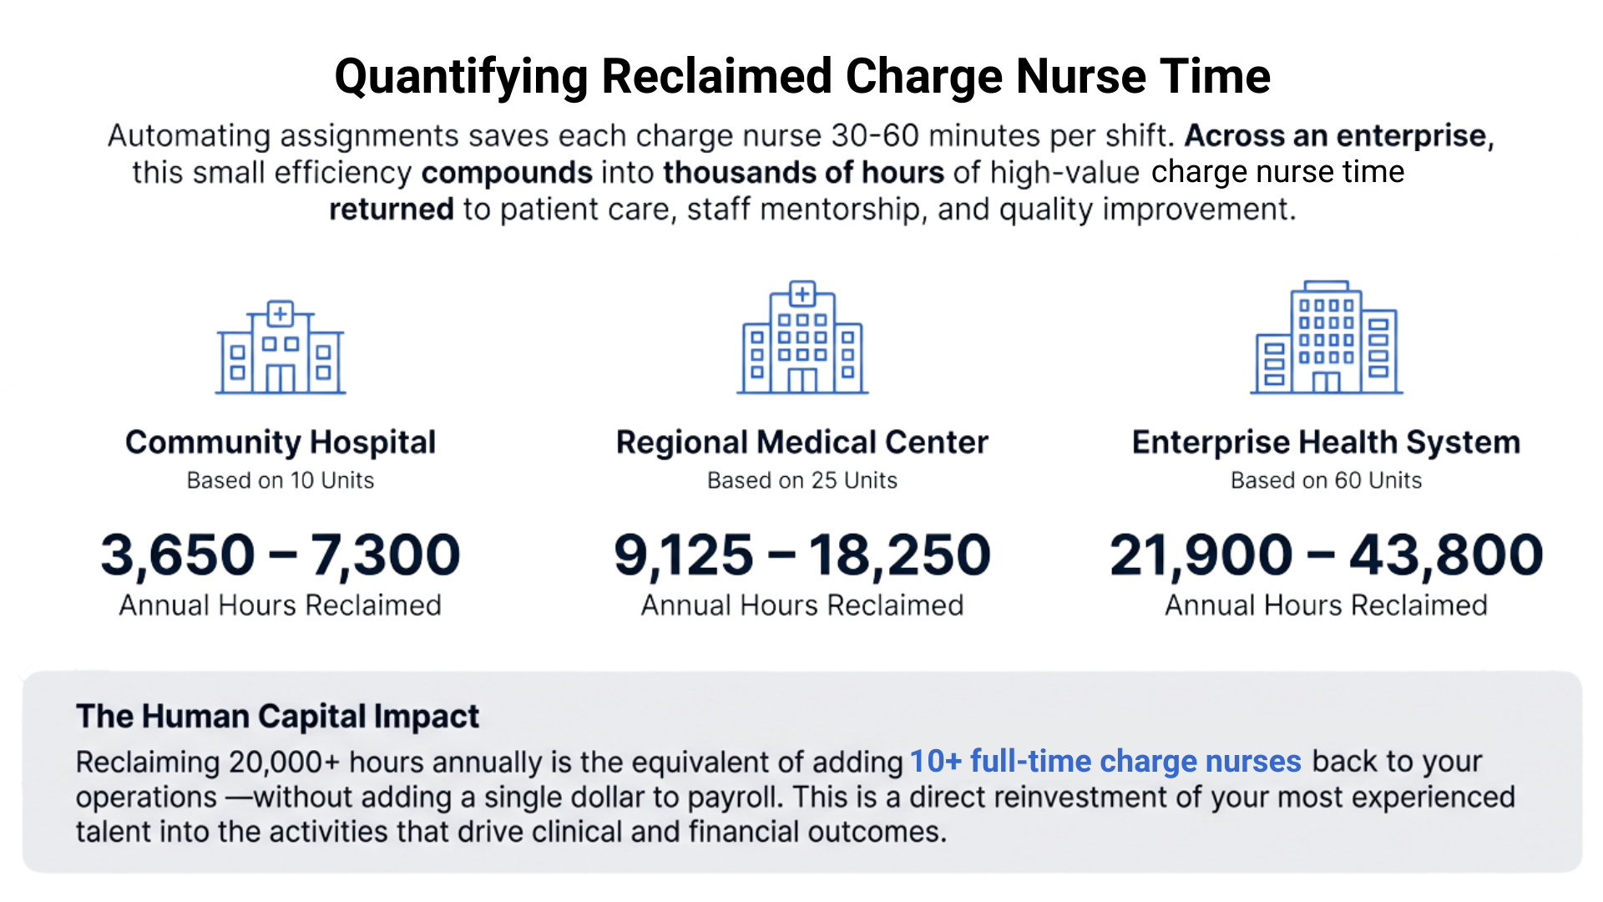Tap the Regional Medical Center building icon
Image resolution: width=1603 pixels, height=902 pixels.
click(x=802, y=338)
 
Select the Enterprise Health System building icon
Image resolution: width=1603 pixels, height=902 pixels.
click(x=1327, y=338)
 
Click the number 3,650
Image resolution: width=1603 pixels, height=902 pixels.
click(x=178, y=555)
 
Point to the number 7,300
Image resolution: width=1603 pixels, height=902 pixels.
click(x=386, y=555)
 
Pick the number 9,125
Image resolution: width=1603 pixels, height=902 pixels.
click(x=684, y=555)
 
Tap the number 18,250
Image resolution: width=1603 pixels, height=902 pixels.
click(x=899, y=555)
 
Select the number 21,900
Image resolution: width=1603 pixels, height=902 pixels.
click(x=1201, y=555)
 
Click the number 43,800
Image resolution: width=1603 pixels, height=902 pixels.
click(x=1447, y=555)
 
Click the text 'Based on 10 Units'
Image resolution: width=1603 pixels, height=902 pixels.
click(x=281, y=480)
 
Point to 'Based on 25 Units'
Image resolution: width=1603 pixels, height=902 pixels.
click(x=802, y=480)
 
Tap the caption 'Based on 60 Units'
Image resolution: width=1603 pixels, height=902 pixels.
click(x=1327, y=480)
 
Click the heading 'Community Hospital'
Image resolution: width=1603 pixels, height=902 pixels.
click(x=281, y=443)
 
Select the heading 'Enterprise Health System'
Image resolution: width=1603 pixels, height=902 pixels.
click(x=1327, y=443)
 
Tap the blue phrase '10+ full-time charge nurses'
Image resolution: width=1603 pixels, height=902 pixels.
click(x=1105, y=762)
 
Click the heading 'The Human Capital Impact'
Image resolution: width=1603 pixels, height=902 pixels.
click(x=277, y=717)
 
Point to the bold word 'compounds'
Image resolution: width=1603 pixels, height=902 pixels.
click(x=507, y=173)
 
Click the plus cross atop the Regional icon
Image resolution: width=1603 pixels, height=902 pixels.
click(x=802, y=294)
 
